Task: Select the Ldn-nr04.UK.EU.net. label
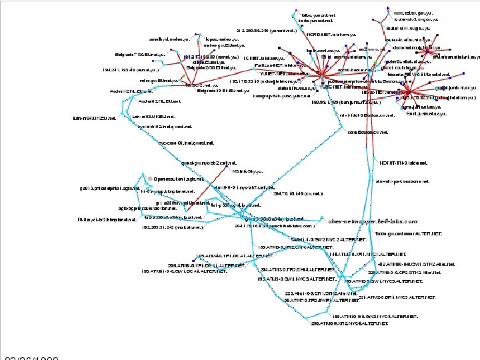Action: (95, 118)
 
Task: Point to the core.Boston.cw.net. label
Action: (369, 132)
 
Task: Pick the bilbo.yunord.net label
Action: (319, 14)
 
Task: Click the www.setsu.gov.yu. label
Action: (414, 12)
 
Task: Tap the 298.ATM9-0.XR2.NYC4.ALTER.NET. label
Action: (349, 323)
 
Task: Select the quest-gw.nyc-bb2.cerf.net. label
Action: (209, 162)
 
